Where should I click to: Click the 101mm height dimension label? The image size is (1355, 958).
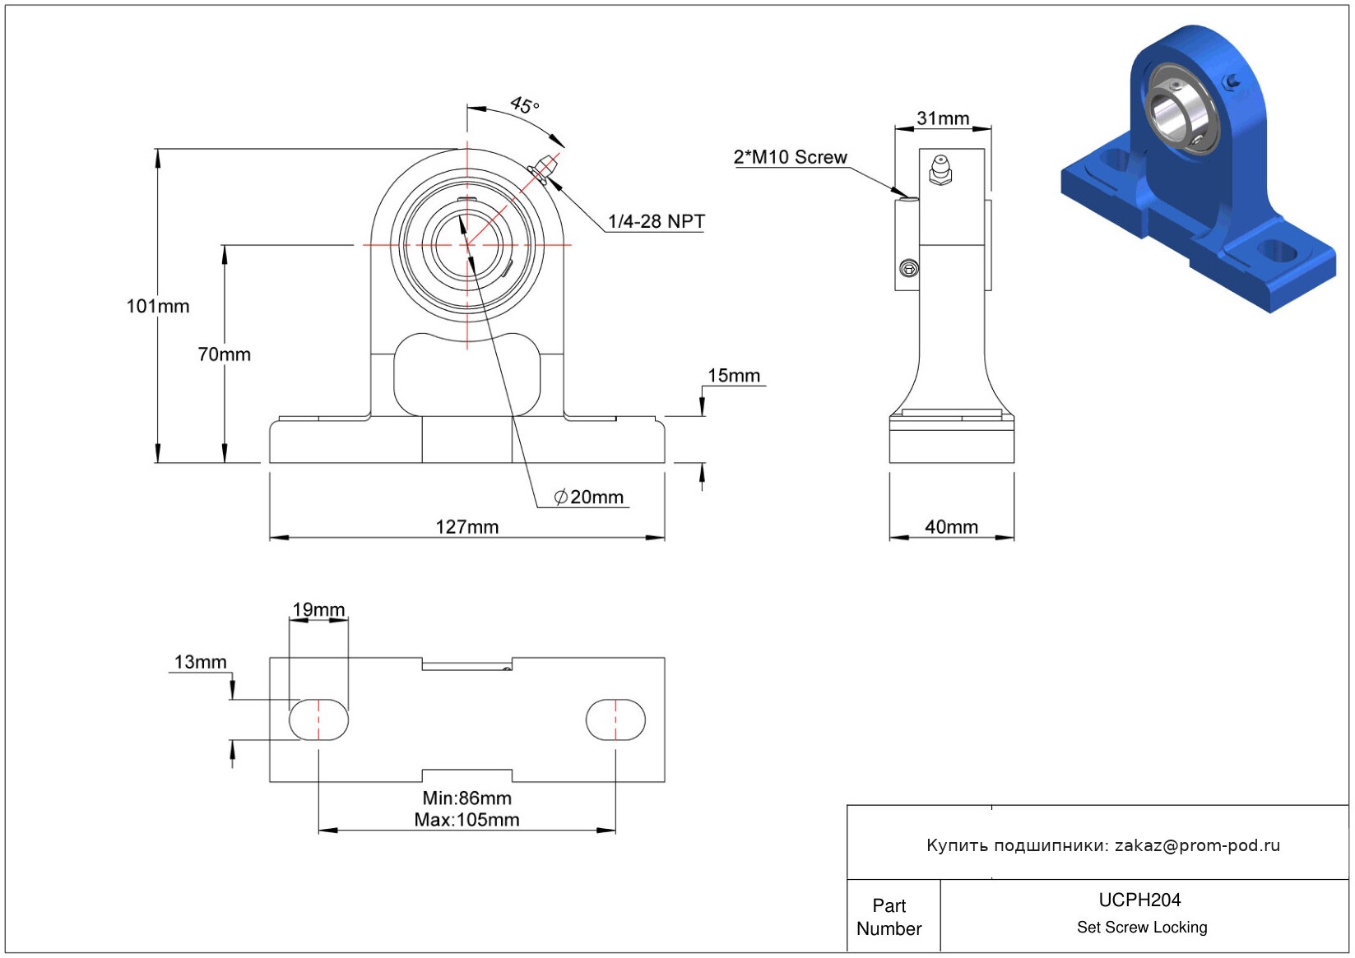[x=157, y=307]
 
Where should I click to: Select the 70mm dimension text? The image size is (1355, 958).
[x=224, y=354]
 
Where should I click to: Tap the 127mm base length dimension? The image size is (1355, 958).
[x=466, y=527]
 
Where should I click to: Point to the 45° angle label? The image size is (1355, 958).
[x=524, y=105]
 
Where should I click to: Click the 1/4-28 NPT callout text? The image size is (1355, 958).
[x=656, y=221]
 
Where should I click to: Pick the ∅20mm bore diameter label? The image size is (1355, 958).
[x=589, y=498]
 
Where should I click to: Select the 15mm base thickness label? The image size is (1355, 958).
[x=733, y=376]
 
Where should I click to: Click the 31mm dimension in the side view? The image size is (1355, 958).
[x=943, y=118]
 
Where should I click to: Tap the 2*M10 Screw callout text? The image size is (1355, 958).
[x=790, y=157]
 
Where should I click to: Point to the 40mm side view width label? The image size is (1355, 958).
[x=951, y=527]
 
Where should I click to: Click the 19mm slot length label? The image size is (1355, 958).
[x=318, y=609]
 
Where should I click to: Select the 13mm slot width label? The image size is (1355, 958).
[x=200, y=662]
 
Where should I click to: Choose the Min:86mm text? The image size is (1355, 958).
[x=466, y=798]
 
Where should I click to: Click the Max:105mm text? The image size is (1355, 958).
[x=466, y=820]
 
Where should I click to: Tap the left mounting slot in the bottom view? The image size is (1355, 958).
[x=318, y=720]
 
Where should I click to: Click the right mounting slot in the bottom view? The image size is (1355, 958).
[x=615, y=720]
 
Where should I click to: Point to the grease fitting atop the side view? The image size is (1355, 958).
[x=940, y=169]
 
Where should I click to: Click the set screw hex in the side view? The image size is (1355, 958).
[x=908, y=268]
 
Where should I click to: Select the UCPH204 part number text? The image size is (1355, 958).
[x=1139, y=900]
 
